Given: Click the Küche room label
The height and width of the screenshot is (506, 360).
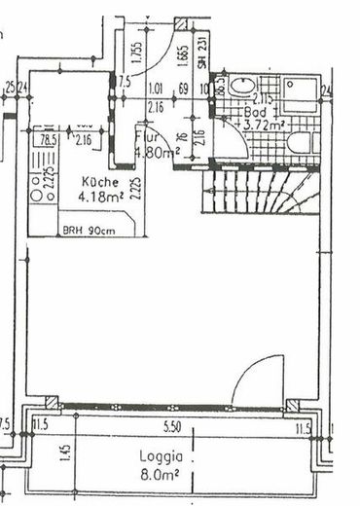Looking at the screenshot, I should pyautogui.click(x=99, y=181).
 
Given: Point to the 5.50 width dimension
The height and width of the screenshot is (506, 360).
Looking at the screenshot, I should pyautogui.click(x=174, y=426).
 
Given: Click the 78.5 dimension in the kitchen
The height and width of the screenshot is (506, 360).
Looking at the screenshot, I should pyautogui.click(x=45, y=139).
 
